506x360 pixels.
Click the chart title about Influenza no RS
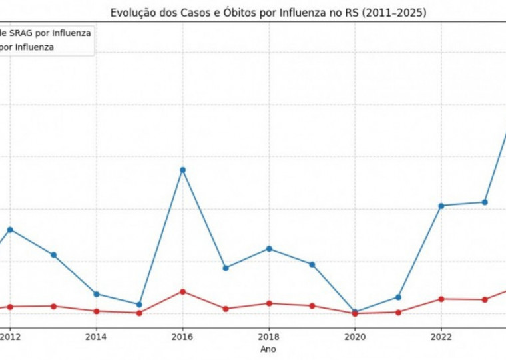pyautogui.click(x=268, y=13)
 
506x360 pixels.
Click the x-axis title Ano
pyautogui.click(x=268, y=349)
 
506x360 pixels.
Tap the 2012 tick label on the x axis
pyautogui.click(x=10, y=336)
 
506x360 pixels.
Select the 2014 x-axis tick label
pyautogui.click(x=97, y=336)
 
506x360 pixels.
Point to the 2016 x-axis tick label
pyautogui.click(x=182, y=336)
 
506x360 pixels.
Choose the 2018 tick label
pyautogui.click(x=269, y=336)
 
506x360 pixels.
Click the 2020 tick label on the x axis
pyautogui.click(x=355, y=336)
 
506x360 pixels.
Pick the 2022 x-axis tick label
pyautogui.click(x=441, y=336)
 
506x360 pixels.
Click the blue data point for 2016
pyautogui.click(x=182, y=170)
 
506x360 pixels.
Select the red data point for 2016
pyautogui.click(x=182, y=291)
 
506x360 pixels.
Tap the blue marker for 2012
pyautogui.click(x=10, y=230)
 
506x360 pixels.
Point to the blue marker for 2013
pyautogui.click(x=53, y=255)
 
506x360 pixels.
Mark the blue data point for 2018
pyautogui.click(x=269, y=248)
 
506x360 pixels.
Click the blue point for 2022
pyautogui.click(x=441, y=206)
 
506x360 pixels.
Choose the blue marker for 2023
pyautogui.click(x=485, y=202)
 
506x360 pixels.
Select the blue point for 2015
pyautogui.click(x=139, y=305)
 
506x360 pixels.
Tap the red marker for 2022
pyautogui.click(x=441, y=299)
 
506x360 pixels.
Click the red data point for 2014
pyautogui.click(x=97, y=311)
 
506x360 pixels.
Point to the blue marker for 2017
pyautogui.click(x=226, y=268)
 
